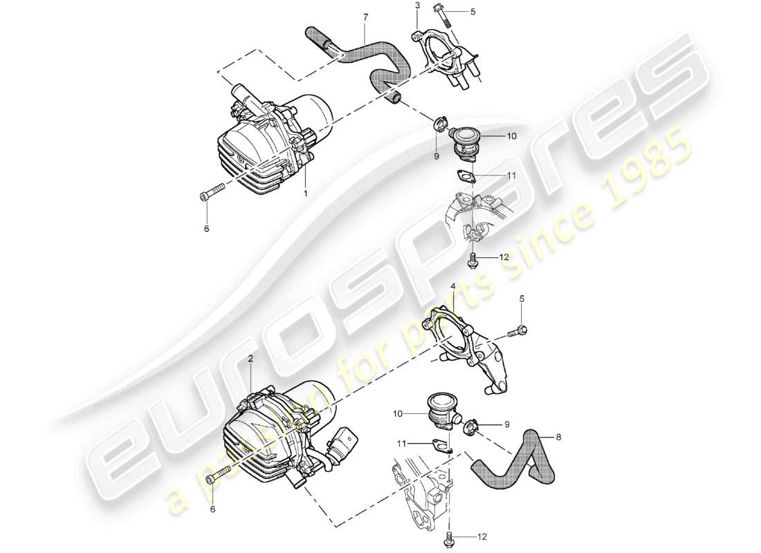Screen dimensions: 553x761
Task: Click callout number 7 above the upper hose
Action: tap(365, 16)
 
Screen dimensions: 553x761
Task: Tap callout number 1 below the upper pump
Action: tap(305, 194)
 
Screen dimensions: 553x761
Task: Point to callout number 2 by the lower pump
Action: tap(250, 360)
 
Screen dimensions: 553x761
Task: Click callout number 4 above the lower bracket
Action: tap(453, 285)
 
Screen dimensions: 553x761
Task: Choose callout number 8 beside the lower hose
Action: tap(559, 437)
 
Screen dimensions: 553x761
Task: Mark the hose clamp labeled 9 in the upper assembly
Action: tap(439, 126)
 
